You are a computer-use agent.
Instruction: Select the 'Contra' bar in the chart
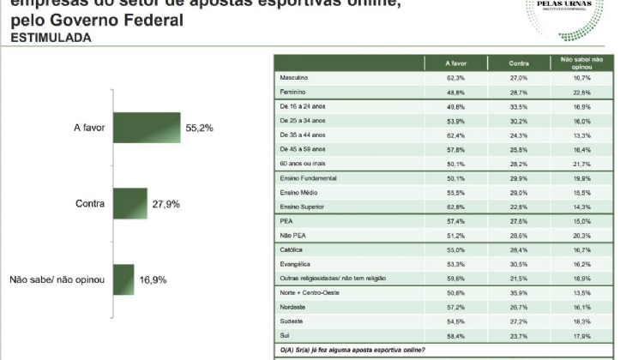click(x=129, y=204)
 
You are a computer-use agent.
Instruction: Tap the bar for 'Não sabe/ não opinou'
click(x=123, y=279)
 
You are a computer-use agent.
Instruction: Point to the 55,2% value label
click(x=199, y=129)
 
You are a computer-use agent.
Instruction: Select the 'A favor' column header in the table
click(x=456, y=63)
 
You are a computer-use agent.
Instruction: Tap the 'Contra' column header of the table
click(x=517, y=63)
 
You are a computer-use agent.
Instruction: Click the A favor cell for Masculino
click(x=456, y=78)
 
